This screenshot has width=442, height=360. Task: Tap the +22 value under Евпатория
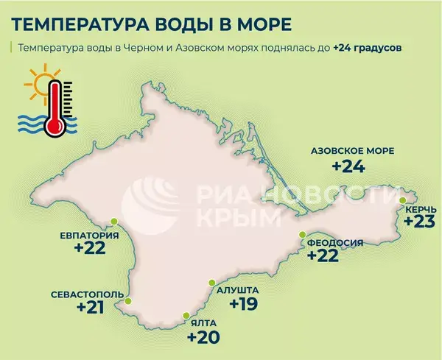click(90, 250)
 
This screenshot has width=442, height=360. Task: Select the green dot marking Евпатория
click(114, 221)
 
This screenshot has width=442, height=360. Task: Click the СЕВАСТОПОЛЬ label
click(82, 294)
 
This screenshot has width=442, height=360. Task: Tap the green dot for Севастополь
click(129, 301)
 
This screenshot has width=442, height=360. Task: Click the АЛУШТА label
click(240, 290)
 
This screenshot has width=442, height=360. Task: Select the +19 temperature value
click(243, 304)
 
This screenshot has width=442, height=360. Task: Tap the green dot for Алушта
click(211, 282)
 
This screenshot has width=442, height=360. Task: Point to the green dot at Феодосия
click(302, 234)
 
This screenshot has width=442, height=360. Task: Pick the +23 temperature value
click(419, 222)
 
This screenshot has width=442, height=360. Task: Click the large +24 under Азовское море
click(348, 166)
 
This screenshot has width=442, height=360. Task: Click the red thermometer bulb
click(55, 126)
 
